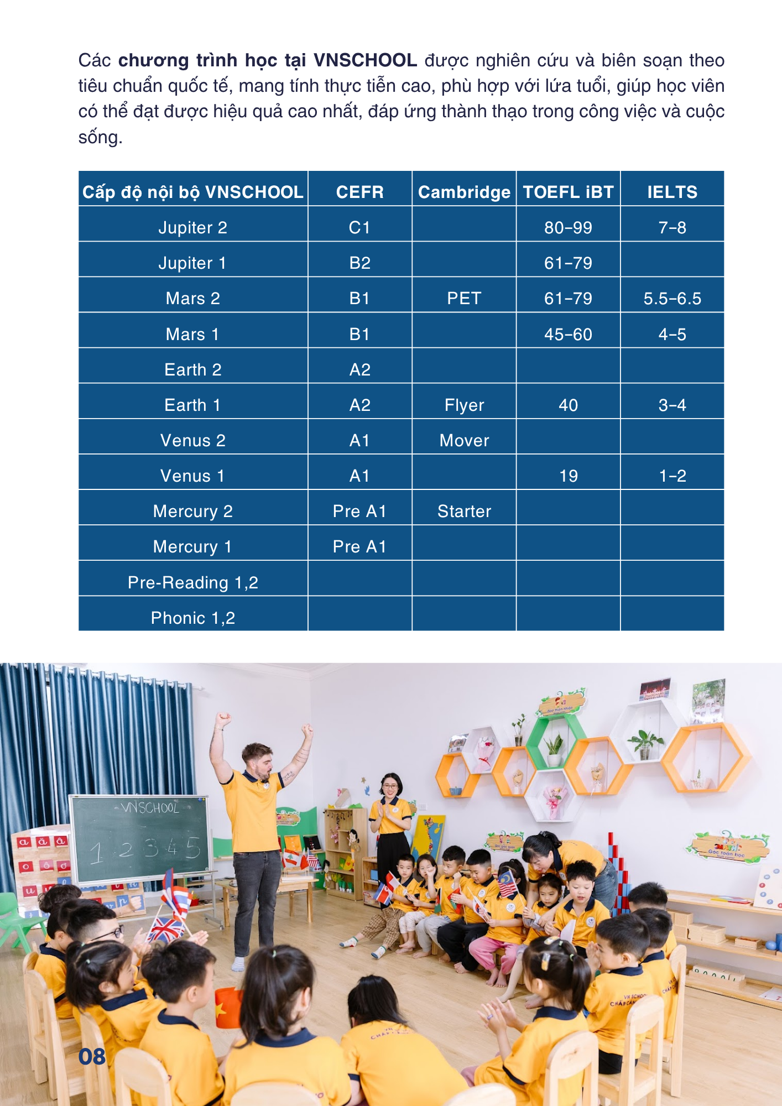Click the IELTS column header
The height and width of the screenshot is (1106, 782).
click(672, 192)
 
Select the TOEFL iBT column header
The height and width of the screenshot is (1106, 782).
click(568, 192)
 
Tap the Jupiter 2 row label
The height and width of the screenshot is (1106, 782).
click(192, 228)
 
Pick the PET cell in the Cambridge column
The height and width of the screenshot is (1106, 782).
click(464, 299)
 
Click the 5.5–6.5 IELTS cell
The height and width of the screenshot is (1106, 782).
click(672, 299)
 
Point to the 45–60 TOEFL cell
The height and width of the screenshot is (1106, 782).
click(568, 334)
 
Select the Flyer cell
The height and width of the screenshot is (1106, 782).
click(464, 405)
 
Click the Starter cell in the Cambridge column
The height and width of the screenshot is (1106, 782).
click(464, 512)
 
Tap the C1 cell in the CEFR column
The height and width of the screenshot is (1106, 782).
click(359, 228)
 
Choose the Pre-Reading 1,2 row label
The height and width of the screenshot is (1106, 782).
click(192, 582)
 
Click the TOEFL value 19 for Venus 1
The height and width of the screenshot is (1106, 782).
click(568, 476)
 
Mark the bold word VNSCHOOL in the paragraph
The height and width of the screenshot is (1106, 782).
click(365, 60)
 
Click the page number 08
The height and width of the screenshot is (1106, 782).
click(92, 1056)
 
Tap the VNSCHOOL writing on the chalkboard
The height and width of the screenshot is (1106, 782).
click(150, 808)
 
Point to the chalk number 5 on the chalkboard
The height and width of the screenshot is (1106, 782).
click(193, 847)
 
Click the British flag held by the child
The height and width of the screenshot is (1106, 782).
click(165, 929)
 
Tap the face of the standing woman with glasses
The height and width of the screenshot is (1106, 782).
click(390, 786)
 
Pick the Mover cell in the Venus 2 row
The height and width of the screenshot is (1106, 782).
click(464, 441)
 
